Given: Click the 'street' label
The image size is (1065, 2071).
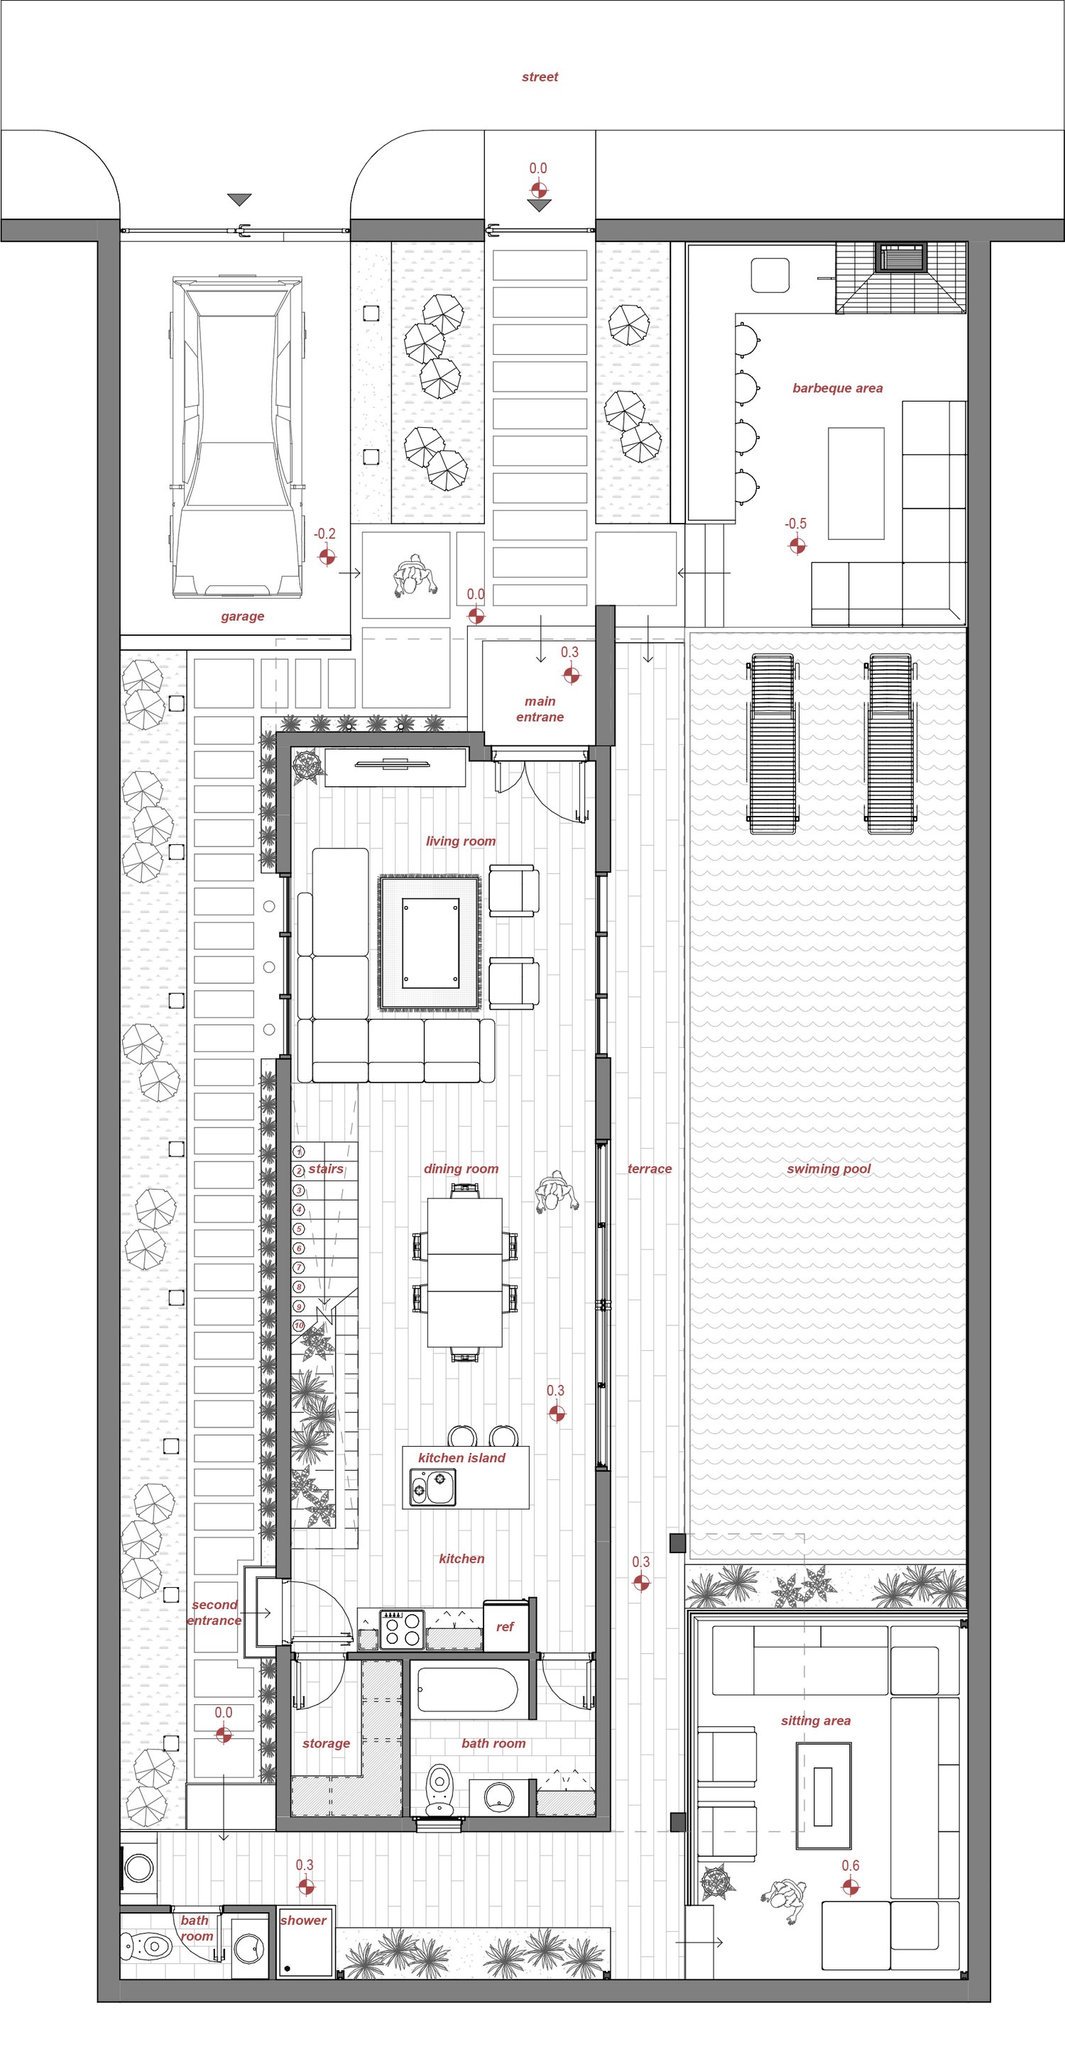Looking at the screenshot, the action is pos(540,77).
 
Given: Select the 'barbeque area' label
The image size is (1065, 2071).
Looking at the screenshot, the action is pos(837,388).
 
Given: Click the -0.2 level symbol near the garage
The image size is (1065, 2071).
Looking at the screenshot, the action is pos(327,556).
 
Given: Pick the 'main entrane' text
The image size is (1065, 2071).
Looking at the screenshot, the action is pos(540,709).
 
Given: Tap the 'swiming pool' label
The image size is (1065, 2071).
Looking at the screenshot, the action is pos(829,1169).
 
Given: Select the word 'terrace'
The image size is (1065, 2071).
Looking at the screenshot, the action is pos(649,1169).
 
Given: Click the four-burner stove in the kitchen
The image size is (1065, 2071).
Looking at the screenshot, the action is pos(401,1630).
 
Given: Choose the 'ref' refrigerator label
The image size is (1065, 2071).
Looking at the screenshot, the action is pos(504,1628).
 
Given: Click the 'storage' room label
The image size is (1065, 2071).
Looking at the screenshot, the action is pos(326,1743).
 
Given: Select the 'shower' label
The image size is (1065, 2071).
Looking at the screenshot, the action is pos(303,1920).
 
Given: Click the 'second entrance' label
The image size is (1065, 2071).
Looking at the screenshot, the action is pos(214,1612).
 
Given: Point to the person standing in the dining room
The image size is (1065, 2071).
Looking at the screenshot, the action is pos(556,1194).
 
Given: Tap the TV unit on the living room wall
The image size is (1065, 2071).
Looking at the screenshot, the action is pos(395,767).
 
